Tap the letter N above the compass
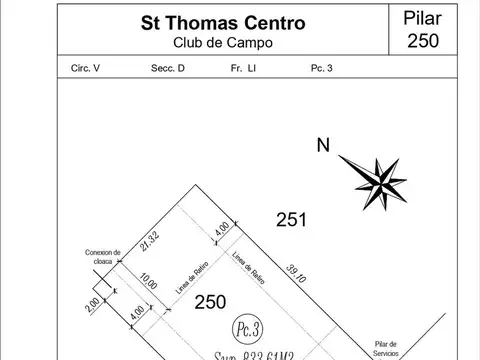click(x=323, y=145)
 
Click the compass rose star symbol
click(x=377, y=177)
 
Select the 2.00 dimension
click(x=94, y=302)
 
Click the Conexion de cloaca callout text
click(x=103, y=256)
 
